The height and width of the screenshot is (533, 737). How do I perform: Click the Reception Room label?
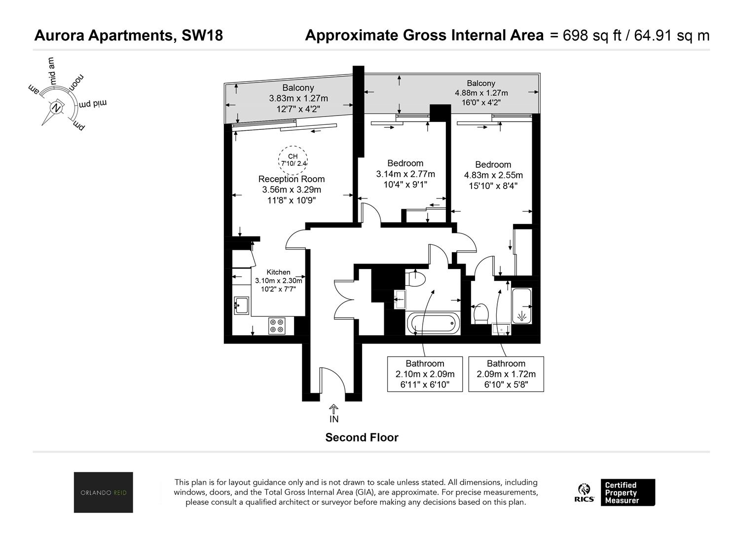(292, 179)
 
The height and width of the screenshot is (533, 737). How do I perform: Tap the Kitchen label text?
(278, 272)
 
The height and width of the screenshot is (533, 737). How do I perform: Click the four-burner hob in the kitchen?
(277, 326)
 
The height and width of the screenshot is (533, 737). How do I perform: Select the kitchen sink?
(241, 305)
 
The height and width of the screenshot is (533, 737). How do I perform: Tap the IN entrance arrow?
(333, 409)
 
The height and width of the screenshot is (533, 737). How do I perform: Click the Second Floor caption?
(362, 438)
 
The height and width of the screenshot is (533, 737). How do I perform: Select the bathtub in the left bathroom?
(433, 323)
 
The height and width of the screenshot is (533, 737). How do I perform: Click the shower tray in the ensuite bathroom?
(521, 306)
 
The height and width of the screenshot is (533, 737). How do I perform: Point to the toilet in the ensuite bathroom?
(480, 314)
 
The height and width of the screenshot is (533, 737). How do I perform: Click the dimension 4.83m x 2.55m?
(493, 175)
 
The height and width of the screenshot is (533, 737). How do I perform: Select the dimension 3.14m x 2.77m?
(405, 174)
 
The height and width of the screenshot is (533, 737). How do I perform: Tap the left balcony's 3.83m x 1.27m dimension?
(298, 98)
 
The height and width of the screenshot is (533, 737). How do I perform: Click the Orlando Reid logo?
(103, 493)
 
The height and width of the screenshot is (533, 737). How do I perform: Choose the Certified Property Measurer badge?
(628, 493)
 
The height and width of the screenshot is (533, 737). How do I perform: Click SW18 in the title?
(202, 36)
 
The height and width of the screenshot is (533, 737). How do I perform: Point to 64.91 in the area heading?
(653, 36)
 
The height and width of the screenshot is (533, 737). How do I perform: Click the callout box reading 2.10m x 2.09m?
(425, 374)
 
